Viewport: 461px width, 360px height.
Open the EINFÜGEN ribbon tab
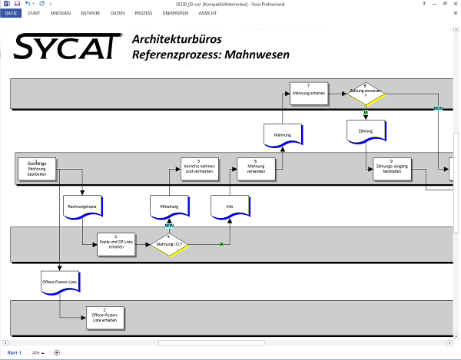[61, 13]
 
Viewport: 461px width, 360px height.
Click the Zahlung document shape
[365, 131]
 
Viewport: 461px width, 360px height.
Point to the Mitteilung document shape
[169, 206]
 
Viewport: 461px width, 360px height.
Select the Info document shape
[229, 206]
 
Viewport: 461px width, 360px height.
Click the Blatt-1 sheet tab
[14, 352]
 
